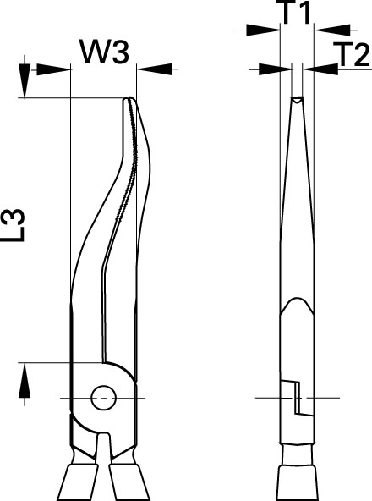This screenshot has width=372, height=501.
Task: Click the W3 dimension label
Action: pos(106,51)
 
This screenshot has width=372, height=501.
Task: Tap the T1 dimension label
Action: pos(296,12)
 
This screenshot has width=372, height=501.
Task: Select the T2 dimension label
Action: pos(353,54)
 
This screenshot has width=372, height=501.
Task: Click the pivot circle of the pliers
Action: pos(103,398)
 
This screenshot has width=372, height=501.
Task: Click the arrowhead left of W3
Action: pos(53,69)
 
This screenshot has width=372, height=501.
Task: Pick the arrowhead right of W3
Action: pos(155,69)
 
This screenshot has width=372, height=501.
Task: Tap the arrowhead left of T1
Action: pos(263,30)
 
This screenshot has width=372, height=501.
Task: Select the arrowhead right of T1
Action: pos(332,30)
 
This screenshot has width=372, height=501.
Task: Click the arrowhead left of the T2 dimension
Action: pos(275,69)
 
